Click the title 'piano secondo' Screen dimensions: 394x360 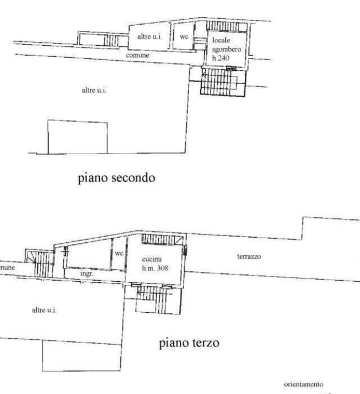pos(116,178)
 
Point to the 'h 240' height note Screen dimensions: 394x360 pos(221,58)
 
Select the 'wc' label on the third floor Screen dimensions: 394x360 pos(119,253)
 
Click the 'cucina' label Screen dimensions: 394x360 pos(152,259)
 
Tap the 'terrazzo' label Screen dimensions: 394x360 pos(248,257)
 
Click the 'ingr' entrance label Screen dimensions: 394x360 pos(87,274)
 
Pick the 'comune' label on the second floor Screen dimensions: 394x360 pos(138,55)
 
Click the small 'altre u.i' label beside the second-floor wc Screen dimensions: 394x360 pos(149,37)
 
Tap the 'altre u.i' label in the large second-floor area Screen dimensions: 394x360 pos(94,90)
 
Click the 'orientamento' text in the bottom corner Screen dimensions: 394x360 pos(303,384)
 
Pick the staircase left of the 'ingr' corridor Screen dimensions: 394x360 pos(41,263)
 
